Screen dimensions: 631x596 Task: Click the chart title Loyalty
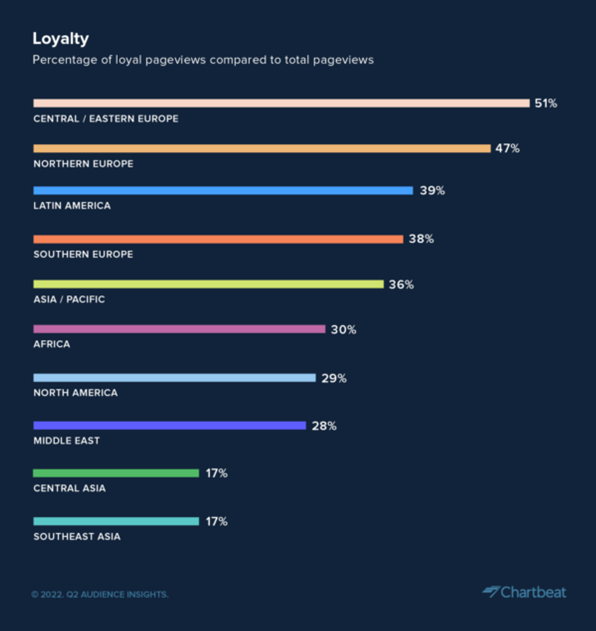pos(61,39)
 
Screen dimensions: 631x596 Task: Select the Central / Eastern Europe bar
pos(281,103)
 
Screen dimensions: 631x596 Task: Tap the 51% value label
pos(546,103)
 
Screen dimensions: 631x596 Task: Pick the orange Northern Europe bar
pos(262,148)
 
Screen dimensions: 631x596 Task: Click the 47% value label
pos(507,148)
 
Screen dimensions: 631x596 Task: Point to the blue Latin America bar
pos(223,190)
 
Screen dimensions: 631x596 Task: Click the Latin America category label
pos(72,206)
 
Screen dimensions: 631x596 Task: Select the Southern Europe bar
pos(218,239)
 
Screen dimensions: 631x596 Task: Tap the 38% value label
pos(421,239)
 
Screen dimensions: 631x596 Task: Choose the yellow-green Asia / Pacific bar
pos(208,284)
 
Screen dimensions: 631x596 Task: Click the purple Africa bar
pos(179,329)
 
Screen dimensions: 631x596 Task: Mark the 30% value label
pos(344,330)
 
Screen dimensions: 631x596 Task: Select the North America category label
pos(75,393)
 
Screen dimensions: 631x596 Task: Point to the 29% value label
pos(334,378)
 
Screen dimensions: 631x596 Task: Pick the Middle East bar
pos(169,426)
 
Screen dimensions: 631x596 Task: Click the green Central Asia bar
pos(116,473)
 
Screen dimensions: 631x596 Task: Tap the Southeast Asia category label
pos(77,537)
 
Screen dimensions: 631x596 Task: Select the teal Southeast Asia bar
pos(116,521)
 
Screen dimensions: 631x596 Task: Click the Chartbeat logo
pos(524,592)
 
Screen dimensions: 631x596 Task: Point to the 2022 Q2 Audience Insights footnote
pos(100,594)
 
